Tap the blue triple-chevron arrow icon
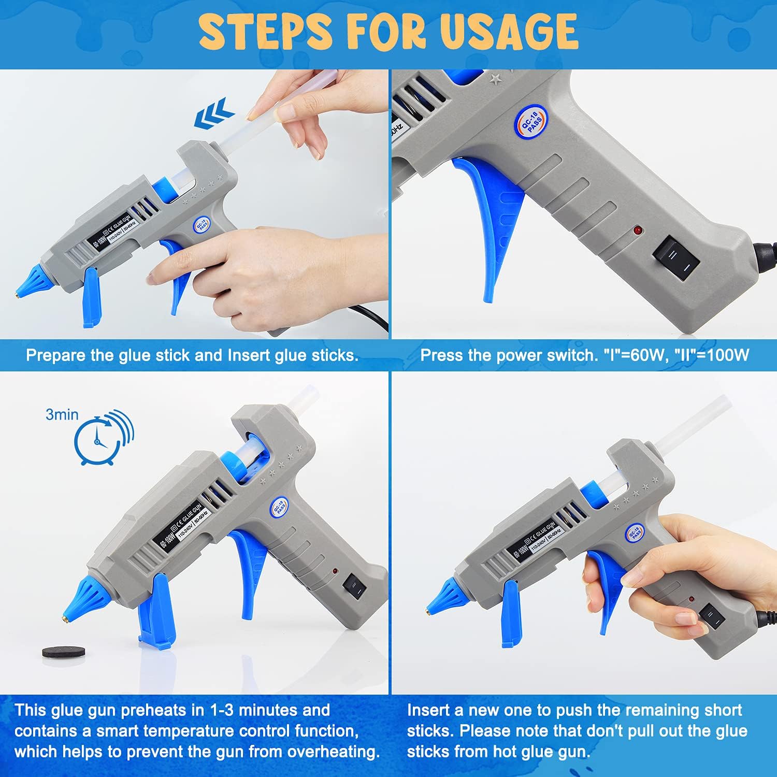pos(214,117)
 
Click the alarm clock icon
pos(98,441)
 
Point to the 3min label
pos(62,414)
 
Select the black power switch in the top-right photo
pos(676,257)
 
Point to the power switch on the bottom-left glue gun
pos(355,586)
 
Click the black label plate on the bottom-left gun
pos(179,527)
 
